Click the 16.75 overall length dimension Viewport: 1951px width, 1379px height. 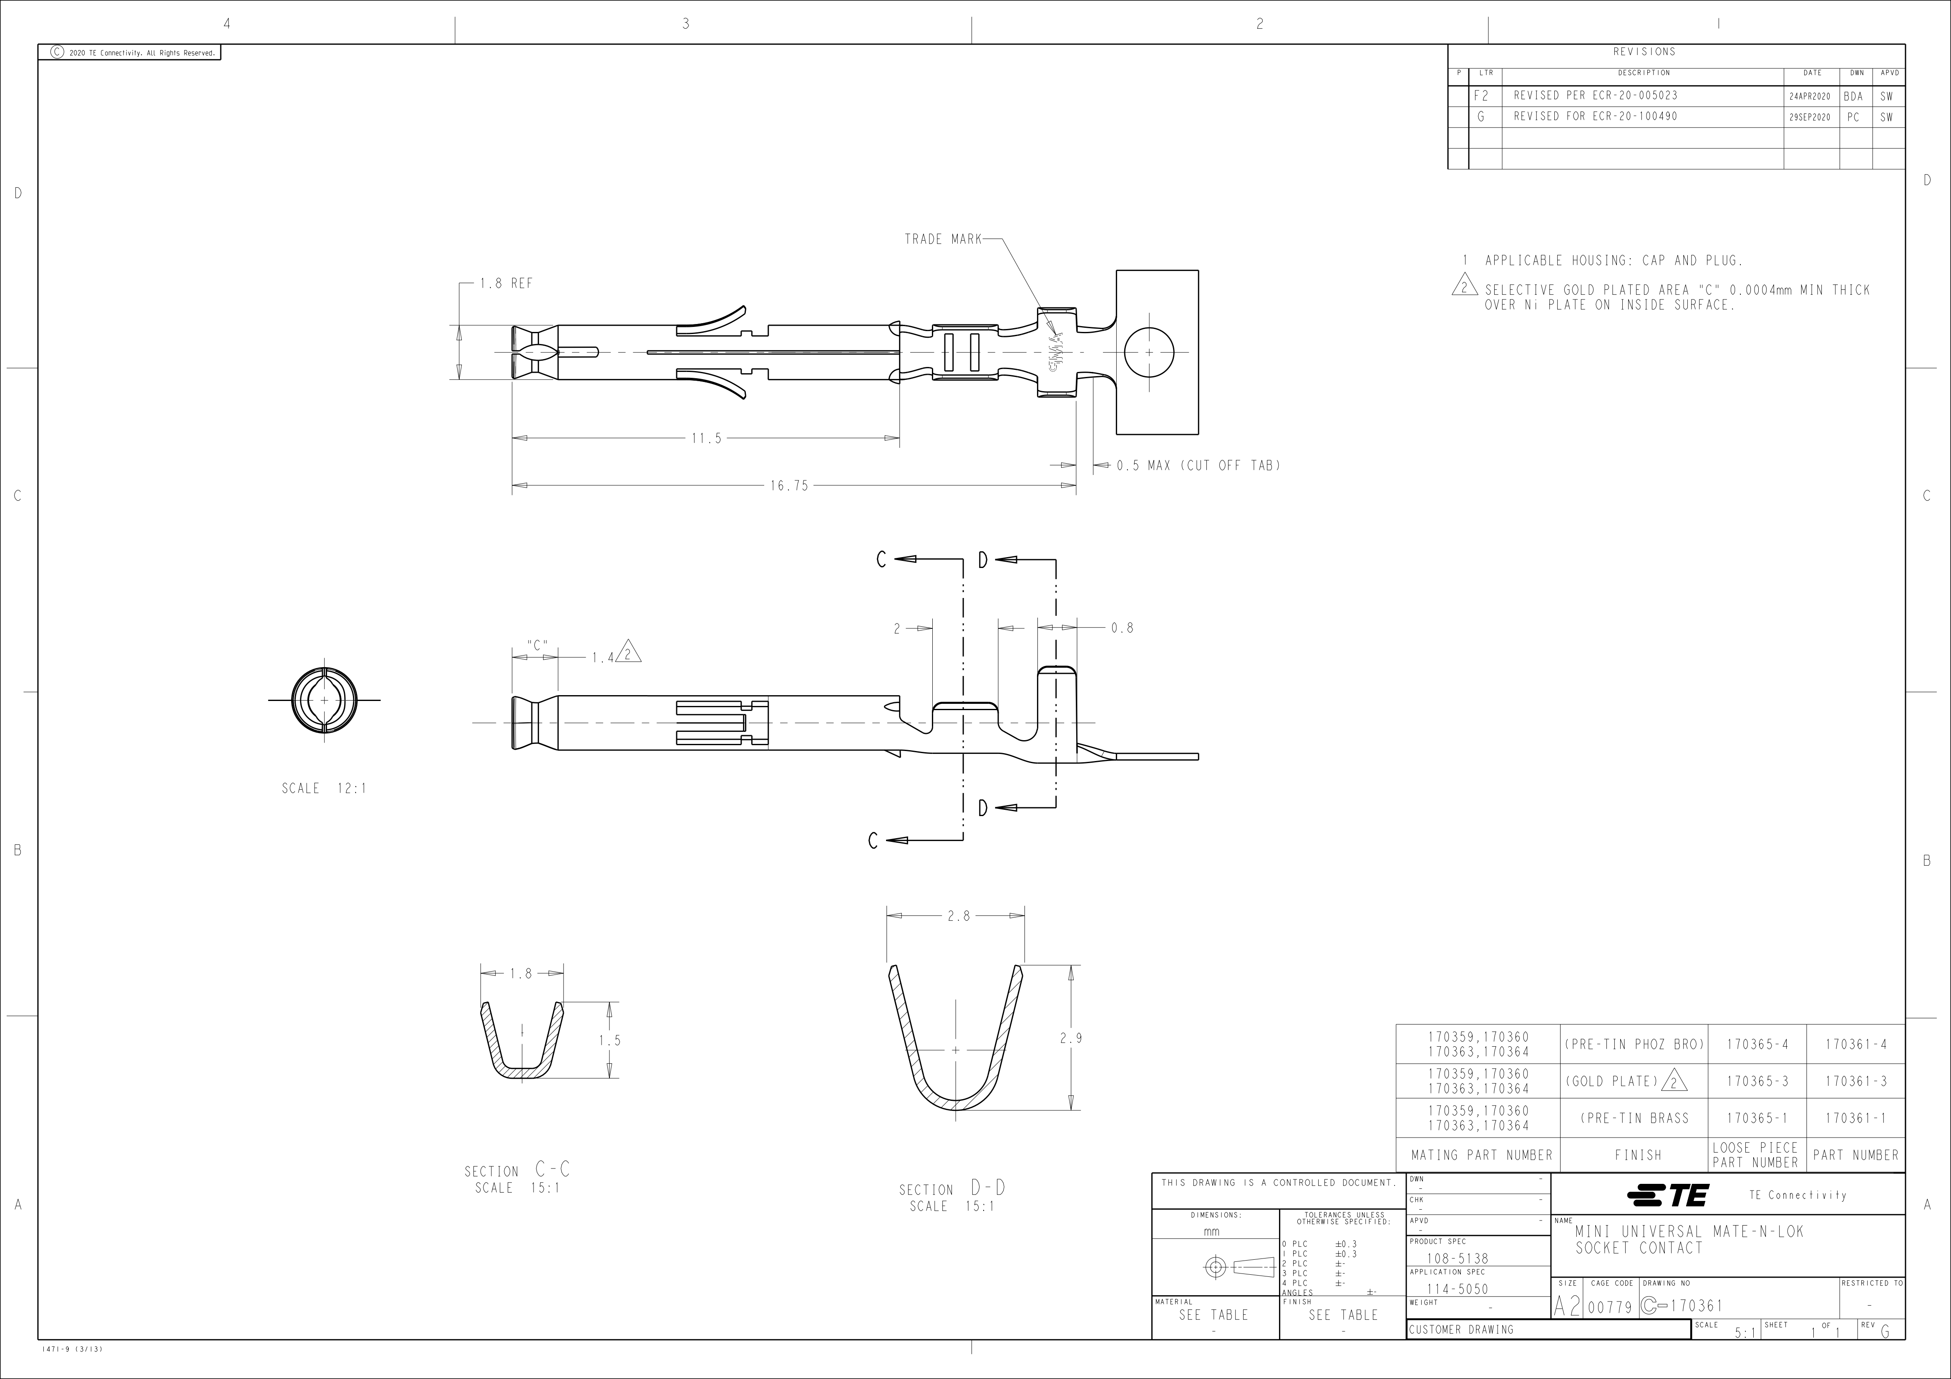[x=789, y=486]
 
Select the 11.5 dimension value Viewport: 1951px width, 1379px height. [x=706, y=438]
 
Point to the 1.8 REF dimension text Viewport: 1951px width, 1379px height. [x=506, y=284]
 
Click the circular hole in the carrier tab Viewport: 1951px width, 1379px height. [x=1149, y=352]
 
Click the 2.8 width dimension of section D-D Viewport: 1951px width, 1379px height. [x=958, y=916]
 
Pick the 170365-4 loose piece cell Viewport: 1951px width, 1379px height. [x=1757, y=1045]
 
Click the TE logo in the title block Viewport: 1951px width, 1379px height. [x=1667, y=1196]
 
